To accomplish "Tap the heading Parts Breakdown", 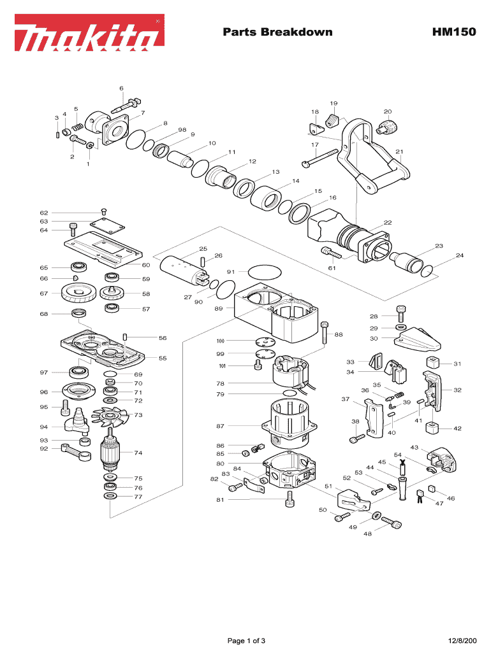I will pos(277,32).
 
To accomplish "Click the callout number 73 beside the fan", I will pos(138,415).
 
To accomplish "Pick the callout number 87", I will pos(220,425).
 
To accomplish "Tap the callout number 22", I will pos(387,222).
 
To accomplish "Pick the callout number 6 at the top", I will pos(121,88).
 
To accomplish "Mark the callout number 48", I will pos(368,534).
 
